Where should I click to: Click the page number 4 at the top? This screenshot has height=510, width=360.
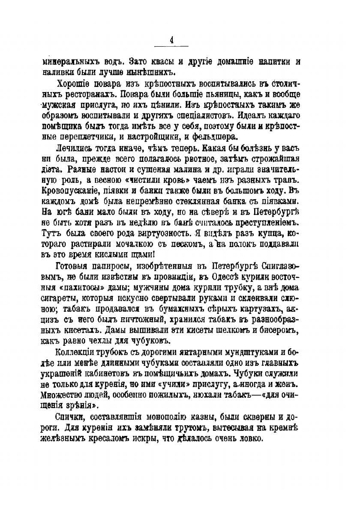point(171,40)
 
